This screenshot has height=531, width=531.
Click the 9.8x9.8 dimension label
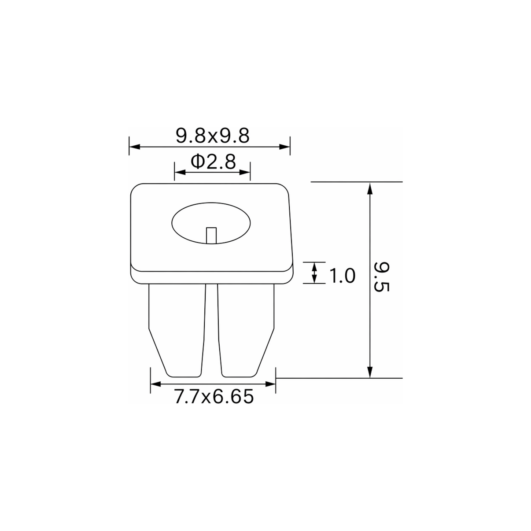213,136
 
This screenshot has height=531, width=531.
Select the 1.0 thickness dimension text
342,276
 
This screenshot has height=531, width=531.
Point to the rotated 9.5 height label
381,277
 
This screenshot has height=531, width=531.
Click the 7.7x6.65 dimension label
214,397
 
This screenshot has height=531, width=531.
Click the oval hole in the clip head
211,223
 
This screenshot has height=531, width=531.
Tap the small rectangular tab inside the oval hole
211,236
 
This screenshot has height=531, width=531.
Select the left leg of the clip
177,331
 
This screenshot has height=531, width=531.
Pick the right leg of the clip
246,331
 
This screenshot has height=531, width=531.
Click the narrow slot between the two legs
212,331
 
